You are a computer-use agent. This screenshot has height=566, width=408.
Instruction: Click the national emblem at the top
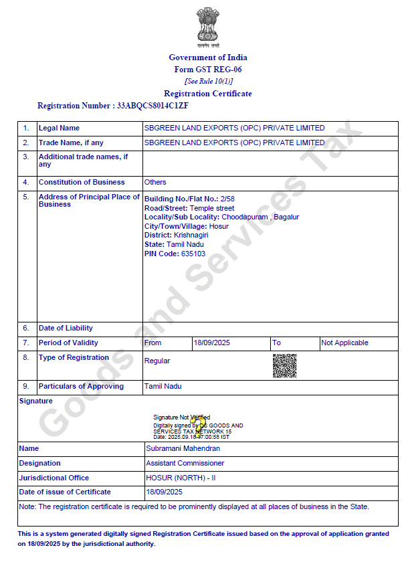[x=208, y=27]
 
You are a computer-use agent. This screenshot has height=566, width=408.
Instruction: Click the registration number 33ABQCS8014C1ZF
[x=152, y=106]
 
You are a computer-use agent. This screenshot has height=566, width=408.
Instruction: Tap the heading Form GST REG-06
[x=208, y=70]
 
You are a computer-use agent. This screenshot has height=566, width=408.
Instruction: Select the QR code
[x=284, y=365]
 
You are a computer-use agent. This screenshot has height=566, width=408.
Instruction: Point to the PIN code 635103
[x=193, y=254]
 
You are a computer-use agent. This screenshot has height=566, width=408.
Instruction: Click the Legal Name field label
[x=59, y=128]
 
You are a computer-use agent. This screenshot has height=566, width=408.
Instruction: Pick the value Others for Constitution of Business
[x=155, y=182]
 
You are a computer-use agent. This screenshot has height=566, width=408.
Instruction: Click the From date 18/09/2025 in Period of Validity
[x=211, y=343]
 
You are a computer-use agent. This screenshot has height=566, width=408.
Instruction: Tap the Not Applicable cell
[x=344, y=343]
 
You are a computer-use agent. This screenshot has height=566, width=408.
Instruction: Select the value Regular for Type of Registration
[x=157, y=361]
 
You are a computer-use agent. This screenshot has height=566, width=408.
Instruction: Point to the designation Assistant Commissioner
[x=185, y=463]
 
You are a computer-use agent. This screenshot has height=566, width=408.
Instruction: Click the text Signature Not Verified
[x=181, y=417]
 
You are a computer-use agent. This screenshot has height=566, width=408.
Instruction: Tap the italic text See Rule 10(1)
[x=208, y=81]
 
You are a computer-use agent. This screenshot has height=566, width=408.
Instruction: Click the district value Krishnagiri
[x=191, y=235]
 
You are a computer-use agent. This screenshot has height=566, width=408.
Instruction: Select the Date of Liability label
[x=66, y=328]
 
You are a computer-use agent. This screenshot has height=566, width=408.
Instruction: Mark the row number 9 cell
[x=26, y=386]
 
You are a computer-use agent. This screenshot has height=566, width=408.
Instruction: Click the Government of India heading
[x=208, y=58]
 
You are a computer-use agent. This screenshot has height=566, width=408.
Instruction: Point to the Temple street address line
[x=211, y=208]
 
